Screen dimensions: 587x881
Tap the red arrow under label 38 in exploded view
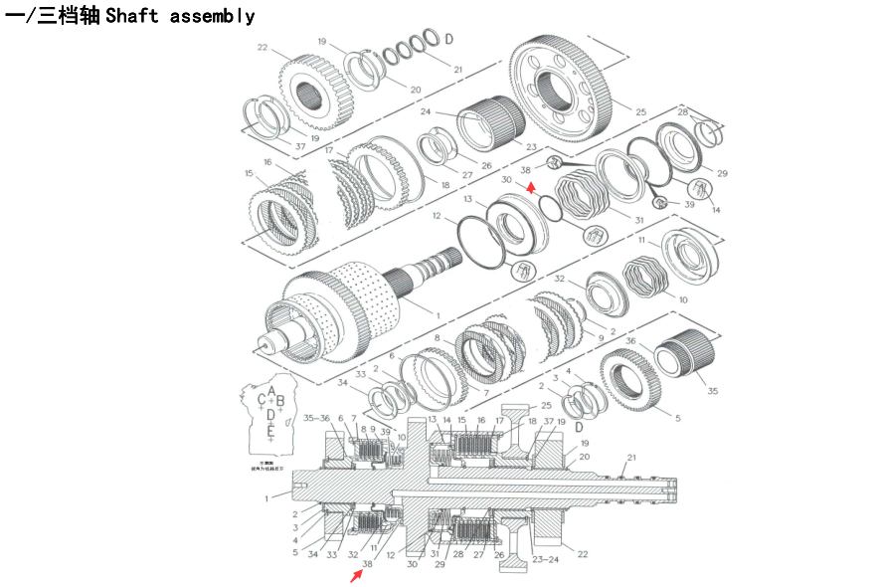[x=532, y=184]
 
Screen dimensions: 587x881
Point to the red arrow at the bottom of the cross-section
[x=355, y=576]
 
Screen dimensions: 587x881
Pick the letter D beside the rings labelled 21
[x=449, y=39]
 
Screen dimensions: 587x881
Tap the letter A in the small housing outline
[x=271, y=390]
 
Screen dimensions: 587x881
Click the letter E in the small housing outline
[x=270, y=431]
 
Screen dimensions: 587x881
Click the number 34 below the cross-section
[x=312, y=553]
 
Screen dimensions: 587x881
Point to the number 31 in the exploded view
[x=638, y=220]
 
